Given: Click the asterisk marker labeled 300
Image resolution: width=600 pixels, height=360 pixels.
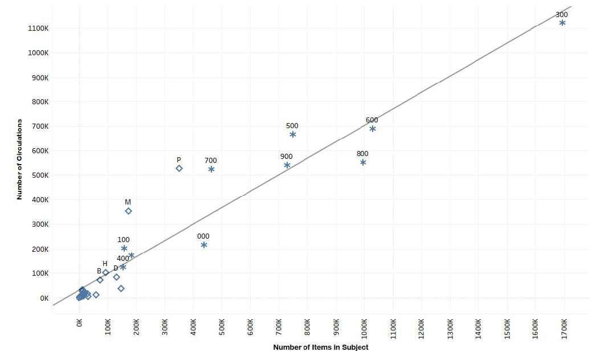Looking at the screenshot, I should tap(562, 23).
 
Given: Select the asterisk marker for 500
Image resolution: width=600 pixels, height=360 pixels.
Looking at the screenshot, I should tap(292, 134).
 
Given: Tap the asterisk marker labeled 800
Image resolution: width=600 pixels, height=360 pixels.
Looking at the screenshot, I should tap(363, 162).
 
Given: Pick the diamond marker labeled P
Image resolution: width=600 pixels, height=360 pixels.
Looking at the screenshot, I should tap(179, 168).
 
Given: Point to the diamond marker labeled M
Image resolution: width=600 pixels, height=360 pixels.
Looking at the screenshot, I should tap(128, 211).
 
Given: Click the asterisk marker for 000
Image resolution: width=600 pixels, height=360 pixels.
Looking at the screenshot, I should tap(203, 245).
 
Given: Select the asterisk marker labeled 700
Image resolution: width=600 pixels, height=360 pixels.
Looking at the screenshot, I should tap(211, 169).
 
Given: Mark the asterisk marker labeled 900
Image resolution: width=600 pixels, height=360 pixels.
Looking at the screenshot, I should tap(287, 165).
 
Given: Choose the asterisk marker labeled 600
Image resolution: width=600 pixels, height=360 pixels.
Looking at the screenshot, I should tap(372, 129).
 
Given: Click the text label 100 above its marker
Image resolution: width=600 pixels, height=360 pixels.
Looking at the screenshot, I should tap(123, 240).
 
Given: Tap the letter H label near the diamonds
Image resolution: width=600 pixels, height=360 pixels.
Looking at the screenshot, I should tap(105, 264).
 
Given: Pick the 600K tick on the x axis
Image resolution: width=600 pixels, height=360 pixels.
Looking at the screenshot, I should tap(250, 329).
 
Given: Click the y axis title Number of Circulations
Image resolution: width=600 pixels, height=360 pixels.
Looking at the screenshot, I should tap(19, 159).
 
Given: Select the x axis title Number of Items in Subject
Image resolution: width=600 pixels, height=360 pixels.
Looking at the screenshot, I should tap(320, 347).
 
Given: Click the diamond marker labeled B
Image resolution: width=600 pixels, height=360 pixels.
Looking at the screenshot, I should tap(100, 280).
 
